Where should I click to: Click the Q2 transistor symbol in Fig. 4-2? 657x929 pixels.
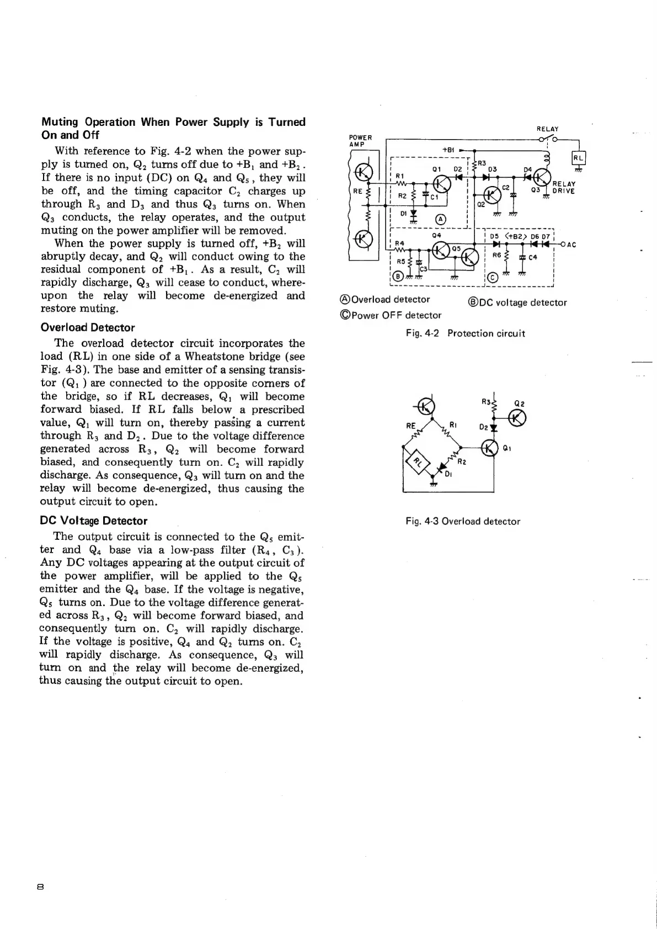489,195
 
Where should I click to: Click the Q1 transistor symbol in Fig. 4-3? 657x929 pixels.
489,448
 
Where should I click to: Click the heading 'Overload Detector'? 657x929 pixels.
88,327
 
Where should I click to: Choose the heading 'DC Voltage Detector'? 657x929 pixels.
94,521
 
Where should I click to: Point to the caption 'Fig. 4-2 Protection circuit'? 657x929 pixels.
465,333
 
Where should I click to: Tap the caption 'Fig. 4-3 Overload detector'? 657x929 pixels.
462,521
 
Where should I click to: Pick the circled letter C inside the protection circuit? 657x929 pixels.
493,278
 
